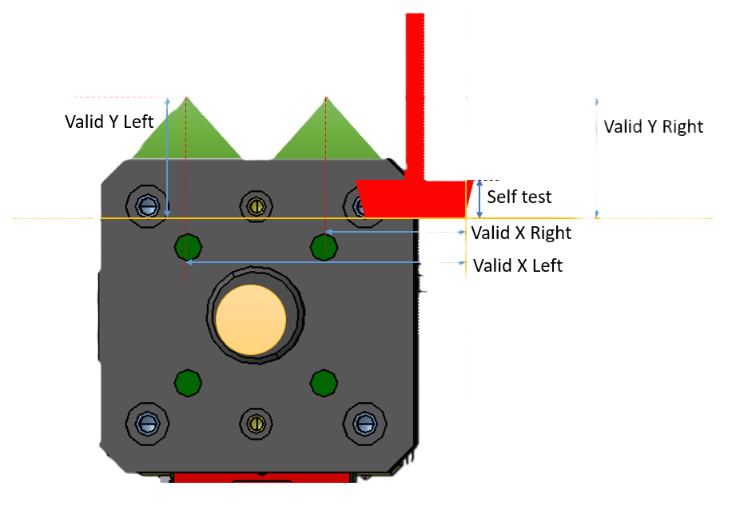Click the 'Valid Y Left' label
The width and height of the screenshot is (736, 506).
[x=109, y=121]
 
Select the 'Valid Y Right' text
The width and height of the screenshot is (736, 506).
[x=653, y=126]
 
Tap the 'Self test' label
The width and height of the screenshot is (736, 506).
[x=519, y=197]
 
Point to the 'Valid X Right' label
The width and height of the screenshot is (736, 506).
[x=521, y=233]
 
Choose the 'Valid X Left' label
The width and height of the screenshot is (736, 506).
[x=517, y=265]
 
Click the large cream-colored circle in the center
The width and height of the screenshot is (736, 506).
[x=250, y=321]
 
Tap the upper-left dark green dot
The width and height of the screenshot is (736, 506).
[x=187, y=247]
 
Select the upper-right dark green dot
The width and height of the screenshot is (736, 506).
[x=324, y=246]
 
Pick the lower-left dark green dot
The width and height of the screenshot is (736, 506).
[x=187, y=382]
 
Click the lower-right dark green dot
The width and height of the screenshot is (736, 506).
[x=323, y=382]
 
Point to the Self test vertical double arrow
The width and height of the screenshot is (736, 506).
[x=479, y=198]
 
